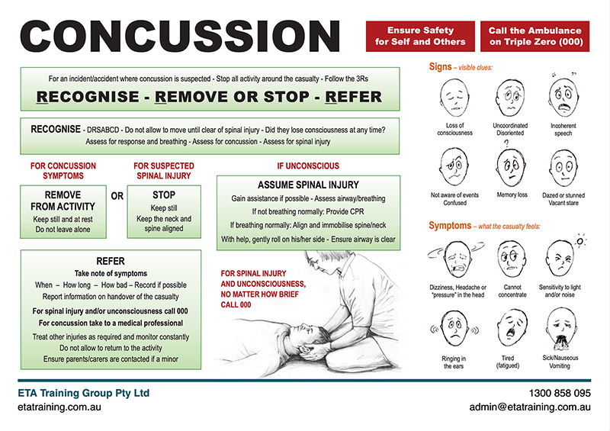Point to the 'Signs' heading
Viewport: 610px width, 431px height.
440,67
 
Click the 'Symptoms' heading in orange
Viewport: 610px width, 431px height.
450,226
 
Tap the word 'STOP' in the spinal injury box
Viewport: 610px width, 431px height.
164,195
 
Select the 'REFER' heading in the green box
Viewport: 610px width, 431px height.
111,262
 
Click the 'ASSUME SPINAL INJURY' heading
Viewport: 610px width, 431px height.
308,185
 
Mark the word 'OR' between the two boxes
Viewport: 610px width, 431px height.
117,196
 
